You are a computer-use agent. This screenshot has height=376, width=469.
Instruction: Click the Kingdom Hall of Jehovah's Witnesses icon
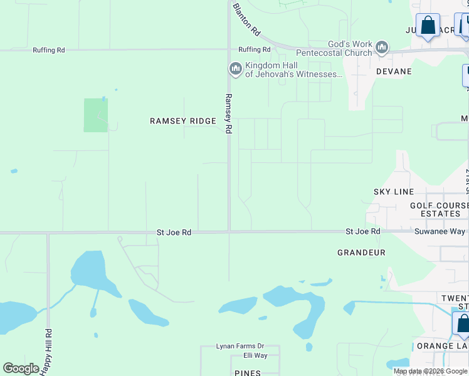click(x=235, y=68)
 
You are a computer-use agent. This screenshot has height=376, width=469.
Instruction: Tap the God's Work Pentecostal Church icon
click(x=381, y=47)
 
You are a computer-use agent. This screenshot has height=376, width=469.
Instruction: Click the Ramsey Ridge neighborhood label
click(x=182, y=120)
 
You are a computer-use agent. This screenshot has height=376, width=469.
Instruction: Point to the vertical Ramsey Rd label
click(x=228, y=113)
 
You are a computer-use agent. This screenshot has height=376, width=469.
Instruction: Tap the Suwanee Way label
click(x=440, y=231)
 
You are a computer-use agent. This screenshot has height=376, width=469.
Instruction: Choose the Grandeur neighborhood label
click(x=361, y=253)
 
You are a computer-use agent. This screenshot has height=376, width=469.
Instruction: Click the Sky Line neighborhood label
click(x=393, y=191)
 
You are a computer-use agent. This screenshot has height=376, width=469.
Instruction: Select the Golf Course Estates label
click(x=439, y=209)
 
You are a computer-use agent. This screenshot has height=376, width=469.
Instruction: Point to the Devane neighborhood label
click(x=394, y=71)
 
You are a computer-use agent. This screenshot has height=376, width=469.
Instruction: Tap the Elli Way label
click(x=255, y=355)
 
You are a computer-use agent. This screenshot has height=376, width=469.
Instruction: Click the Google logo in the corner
click(x=21, y=368)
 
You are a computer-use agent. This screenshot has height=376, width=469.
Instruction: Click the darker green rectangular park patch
click(x=96, y=115)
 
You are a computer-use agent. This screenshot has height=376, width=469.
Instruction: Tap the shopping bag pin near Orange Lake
click(x=463, y=323)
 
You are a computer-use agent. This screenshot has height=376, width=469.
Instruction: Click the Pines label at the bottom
click(x=247, y=372)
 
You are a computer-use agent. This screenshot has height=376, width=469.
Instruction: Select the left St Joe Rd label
click(x=174, y=232)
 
